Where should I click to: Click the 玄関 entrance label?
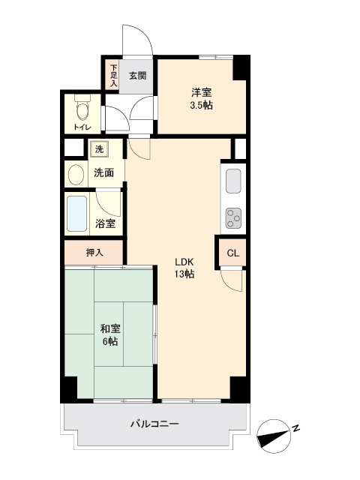click(136, 76)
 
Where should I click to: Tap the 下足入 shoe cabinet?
click(114, 76)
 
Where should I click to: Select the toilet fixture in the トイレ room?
click(82, 110)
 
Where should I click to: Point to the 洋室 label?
click(201, 92)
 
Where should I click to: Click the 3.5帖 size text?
click(201, 106)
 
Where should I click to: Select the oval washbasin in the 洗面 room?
click(76, 175)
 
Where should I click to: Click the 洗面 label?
click(103, 172)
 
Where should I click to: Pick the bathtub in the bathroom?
click(77, 214)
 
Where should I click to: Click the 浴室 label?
click(105, 223)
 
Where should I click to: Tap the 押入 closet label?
click(94, 253)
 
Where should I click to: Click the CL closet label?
click(233, 253)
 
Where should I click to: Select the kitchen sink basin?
click(232, 181)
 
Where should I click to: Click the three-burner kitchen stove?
click(232, 217)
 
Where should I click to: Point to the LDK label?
click(185, 261)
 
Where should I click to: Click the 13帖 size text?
click(185, 274)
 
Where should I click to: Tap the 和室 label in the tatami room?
click(109, 328)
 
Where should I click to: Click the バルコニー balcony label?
click(154, 424)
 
